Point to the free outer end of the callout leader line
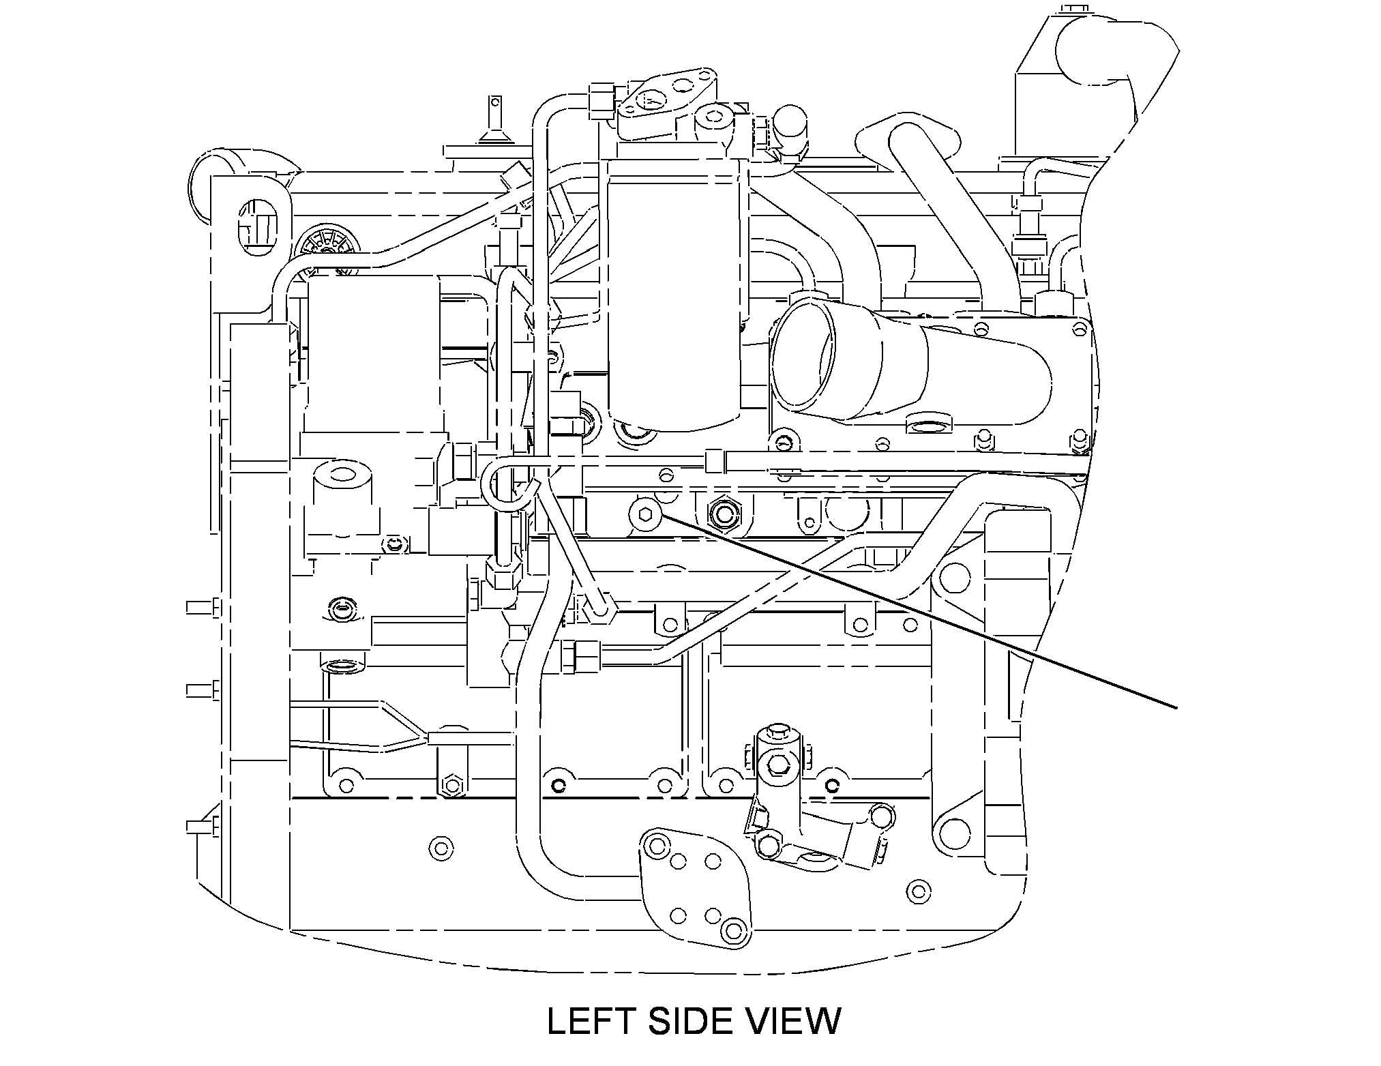[x=1177, y=708]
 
